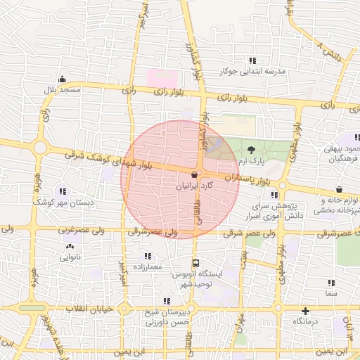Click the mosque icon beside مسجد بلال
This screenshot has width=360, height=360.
coord(63,79)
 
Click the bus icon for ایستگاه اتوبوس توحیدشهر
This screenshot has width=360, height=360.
coord(195,257)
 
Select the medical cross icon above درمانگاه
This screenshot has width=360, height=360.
coord(305,311)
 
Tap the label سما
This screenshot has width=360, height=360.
coord(331,292)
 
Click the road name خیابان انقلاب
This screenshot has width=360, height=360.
coord(84,309)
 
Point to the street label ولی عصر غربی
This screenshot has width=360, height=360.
coord(42,229)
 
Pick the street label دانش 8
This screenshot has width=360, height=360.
coord(330,51)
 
